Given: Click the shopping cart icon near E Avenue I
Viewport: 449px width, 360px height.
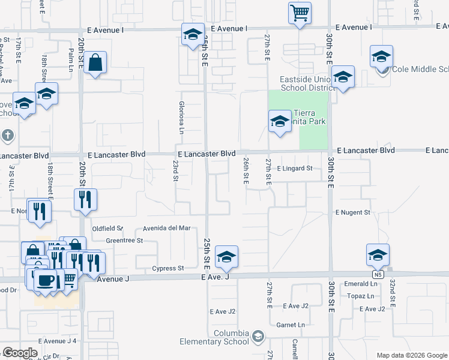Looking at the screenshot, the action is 300,12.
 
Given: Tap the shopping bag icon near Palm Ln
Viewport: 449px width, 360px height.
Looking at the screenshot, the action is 95,62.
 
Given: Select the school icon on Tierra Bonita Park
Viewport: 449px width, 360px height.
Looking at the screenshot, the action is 279,122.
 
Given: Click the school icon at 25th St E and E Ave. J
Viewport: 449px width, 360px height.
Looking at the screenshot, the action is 226,257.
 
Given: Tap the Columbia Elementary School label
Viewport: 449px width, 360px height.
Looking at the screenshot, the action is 214,337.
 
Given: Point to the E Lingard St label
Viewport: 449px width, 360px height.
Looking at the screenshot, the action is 295,169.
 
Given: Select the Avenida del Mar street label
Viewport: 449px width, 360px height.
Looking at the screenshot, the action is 166,229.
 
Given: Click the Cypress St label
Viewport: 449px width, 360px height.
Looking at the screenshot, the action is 167,268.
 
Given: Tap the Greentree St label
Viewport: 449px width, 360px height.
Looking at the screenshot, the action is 124,241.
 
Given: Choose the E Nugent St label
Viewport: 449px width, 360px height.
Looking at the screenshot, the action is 353,212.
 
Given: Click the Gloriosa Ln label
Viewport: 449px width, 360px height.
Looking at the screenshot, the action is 181,117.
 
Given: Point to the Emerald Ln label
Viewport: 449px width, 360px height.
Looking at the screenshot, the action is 360,284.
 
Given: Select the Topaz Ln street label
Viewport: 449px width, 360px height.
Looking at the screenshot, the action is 361,296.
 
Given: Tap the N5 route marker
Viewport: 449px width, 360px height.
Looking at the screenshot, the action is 377,275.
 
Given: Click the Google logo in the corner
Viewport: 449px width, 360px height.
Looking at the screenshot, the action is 20,352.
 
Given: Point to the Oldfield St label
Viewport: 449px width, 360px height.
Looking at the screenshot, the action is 107,229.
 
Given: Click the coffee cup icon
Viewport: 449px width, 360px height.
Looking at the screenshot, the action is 46,280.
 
